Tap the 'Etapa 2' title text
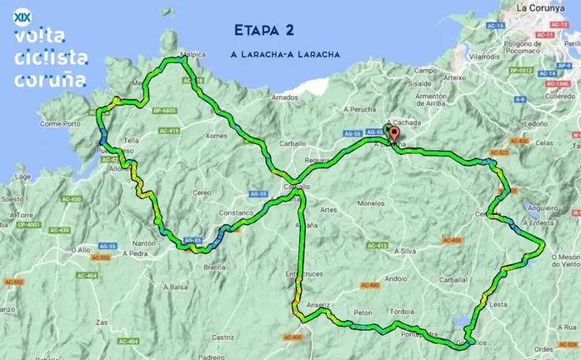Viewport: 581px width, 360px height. pos(264,31)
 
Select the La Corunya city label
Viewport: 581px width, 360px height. pos(542,7)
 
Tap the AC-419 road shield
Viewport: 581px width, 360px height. pos(168,131)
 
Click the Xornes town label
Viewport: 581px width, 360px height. pos(216,135)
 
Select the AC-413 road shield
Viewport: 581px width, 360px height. pos(376,246)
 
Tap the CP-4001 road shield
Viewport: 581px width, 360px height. pos(28,224)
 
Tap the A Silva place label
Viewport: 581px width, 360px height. pos(404,250)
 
